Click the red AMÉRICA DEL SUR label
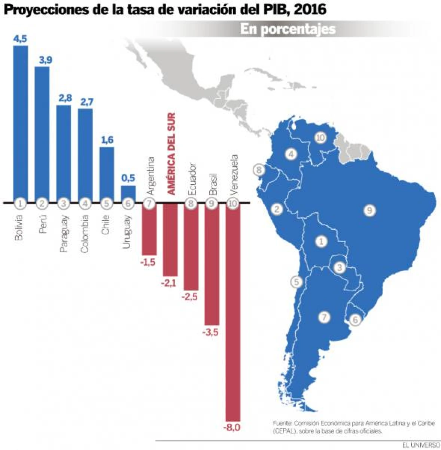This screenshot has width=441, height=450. tap(171, 154)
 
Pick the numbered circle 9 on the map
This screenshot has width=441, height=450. tap(369, 211)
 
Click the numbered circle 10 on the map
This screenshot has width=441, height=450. tap(320, 138)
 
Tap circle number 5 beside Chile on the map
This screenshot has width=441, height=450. tap(296, 282)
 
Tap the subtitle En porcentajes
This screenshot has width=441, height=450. tap(288, 29)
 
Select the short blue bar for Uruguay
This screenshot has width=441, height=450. tap(128, 194)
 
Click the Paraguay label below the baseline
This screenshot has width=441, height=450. tap(64, 233)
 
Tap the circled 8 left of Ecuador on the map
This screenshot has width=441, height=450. tap(259, 170)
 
